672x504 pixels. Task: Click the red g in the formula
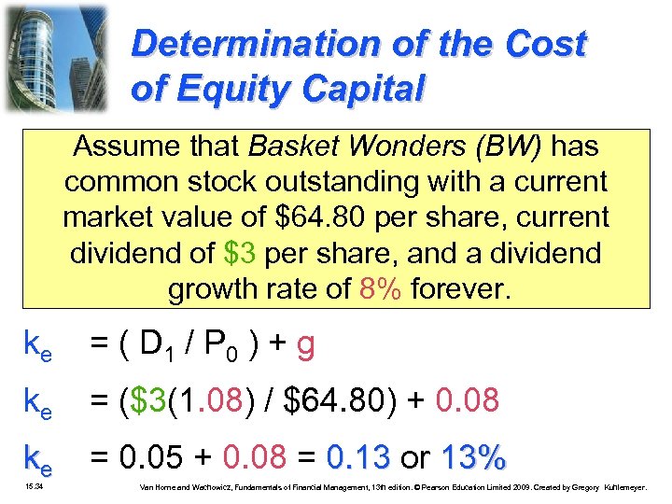[x=303, y=347]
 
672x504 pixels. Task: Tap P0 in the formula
[x=222, y=346]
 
